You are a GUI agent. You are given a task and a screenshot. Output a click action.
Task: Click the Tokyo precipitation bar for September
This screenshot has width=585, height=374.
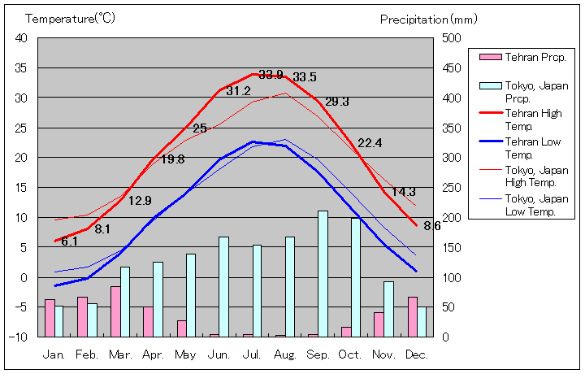(x=323, y=273)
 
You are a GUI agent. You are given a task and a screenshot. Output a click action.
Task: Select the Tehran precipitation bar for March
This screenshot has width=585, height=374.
(x=115, y=311)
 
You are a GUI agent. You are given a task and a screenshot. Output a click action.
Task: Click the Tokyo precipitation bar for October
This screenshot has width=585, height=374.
(x=356, y=276)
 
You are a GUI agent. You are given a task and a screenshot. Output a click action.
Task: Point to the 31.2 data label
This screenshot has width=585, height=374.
(x=238, y=91)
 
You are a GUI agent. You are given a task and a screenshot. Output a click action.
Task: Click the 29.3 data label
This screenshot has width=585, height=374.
(x=336, y=102)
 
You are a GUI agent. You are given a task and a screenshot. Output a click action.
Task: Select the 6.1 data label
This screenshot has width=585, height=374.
(x=69, y=241)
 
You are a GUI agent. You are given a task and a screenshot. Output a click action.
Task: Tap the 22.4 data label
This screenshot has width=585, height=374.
(x=370, y=143)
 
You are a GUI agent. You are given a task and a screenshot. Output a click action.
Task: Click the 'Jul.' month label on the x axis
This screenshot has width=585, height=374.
(x=252, y=355)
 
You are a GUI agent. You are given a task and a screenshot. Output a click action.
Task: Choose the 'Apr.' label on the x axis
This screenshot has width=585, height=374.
(x=154, y=355)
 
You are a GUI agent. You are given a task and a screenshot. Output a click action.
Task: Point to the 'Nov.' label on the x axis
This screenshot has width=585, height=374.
(x=383, y=355)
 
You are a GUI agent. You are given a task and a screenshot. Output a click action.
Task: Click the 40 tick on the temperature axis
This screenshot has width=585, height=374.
(x=21, y=38)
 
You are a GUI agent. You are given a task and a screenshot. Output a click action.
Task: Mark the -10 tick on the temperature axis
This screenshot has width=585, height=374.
(x=19, y=337)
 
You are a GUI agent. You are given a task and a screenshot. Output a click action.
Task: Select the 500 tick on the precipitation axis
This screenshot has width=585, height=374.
(x=452, y=38)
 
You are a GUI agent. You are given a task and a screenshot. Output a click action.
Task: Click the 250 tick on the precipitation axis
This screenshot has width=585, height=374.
(x=452, y=187)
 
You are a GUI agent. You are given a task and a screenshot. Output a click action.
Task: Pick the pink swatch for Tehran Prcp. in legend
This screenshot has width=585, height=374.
(x=490, y=57)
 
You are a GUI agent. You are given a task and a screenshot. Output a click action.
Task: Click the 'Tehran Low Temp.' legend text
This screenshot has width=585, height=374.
(x=533, y=147)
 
